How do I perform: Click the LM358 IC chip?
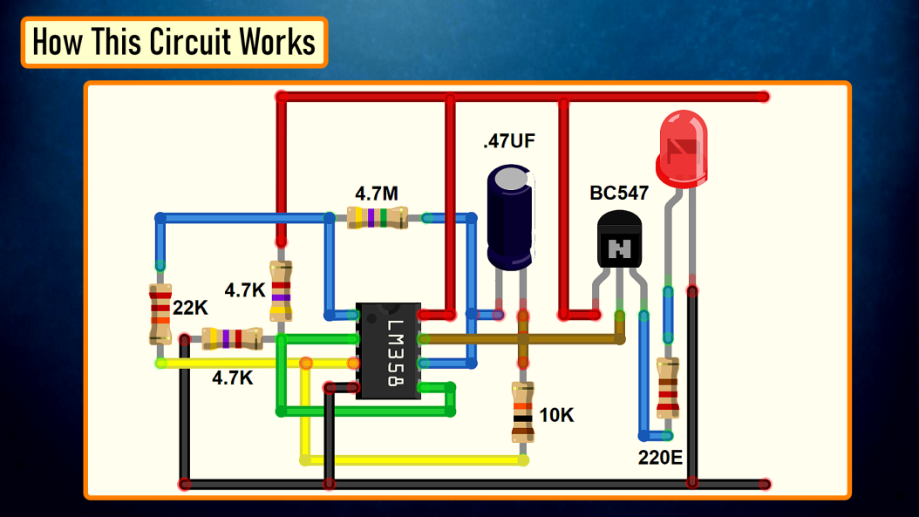pyautogui.click(x=388, y=350)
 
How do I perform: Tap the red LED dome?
pyautogui.click(x=682, y=148)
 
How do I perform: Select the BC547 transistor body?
pyautogui.click(x=619, y=241)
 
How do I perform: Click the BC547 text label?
pyautogui.click(x=619, y=194)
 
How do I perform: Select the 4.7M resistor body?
pyautogui.click(x=377, y=218)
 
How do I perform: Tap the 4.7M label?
pyautogui.click(x=377, y=193)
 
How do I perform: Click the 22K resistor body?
pyautogui.click(x=160, y=313)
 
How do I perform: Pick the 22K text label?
pyautogui.click(x=190, y=308)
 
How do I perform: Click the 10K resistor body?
pyautogui.click(x=522, y=412)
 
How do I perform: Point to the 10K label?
pyautogui.click(x=556, y=416)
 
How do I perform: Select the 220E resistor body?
pyautogui.click(x=668, y=388)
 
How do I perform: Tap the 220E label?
pyautogui.click(x=659, y=456)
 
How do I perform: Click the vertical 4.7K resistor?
pyautogui.click(x=281, y=290)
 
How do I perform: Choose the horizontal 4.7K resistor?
pyautogui.click(x=232, y=338)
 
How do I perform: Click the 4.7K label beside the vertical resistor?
pyautogui.click(x=245, y=290)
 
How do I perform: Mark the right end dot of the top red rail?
pyautogui.click(x=764, y=97)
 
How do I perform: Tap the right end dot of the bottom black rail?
pyautogui.click(x=764, y=484)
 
